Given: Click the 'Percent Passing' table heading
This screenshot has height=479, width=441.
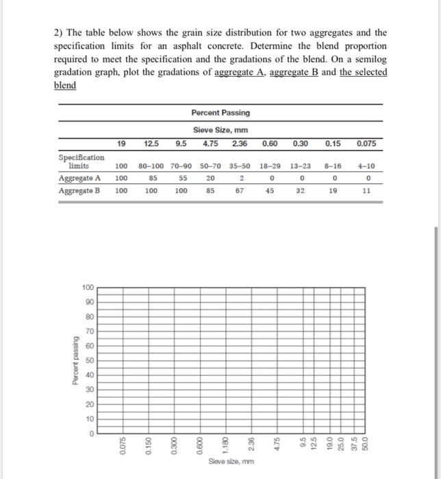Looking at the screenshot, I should click(x=220, y=112).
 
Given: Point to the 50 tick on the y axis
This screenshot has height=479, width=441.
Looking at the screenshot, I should click(x=90, y=360).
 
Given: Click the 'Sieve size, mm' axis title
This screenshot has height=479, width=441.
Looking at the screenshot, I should click(x=231, y=462).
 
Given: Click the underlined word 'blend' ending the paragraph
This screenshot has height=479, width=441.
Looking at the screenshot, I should click(x=65, y=86).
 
